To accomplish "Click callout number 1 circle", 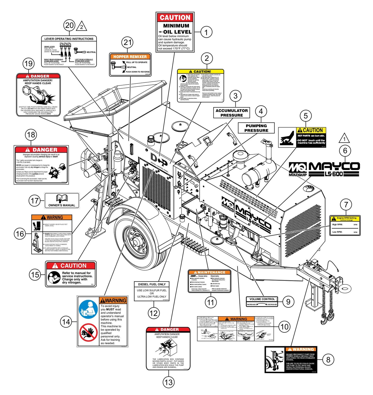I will point(206,32).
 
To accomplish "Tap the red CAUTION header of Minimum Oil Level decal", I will point(175,18).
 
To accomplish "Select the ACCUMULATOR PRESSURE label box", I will point(232,113).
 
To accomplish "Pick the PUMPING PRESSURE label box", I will point(256,128).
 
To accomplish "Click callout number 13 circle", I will point(169,382).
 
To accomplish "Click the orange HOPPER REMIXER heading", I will point(130,57).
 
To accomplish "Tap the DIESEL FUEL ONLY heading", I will point(152,284).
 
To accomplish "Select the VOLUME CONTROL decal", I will point(262,301).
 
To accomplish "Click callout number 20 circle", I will point(69,25).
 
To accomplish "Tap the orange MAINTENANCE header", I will point(210,272).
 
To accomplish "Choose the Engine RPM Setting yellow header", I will point(345,219).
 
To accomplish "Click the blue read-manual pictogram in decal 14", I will point(88,309).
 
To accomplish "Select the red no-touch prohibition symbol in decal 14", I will point(88,332).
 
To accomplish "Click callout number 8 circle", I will point(328,360).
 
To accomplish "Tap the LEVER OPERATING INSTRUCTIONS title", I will point(69,39).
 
